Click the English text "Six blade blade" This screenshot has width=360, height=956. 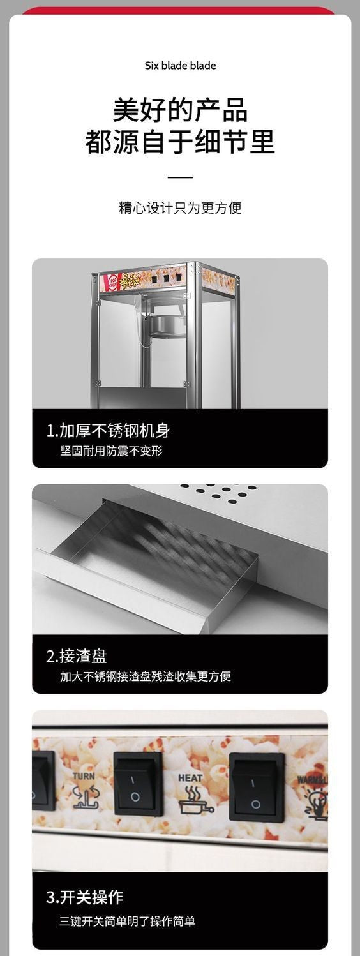click(180, 66)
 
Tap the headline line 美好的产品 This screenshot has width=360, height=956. click(180, 110)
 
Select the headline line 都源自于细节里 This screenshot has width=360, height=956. click(180, 142)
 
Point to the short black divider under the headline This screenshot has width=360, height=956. click(180, 177)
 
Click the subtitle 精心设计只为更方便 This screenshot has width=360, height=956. click(180, 208)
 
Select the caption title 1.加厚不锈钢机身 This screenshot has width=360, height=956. click(108, 430)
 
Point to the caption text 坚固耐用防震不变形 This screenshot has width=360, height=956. click(112, 451)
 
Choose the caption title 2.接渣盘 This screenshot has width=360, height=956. click(76, 655)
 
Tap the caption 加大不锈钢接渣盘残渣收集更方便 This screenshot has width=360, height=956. click(146, 676)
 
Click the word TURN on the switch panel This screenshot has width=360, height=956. click(84, 776)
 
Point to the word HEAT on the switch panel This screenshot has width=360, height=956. click(190, 778)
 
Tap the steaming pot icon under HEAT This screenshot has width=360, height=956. click(190, 799)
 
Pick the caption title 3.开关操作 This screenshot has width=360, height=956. click(84, 897)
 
